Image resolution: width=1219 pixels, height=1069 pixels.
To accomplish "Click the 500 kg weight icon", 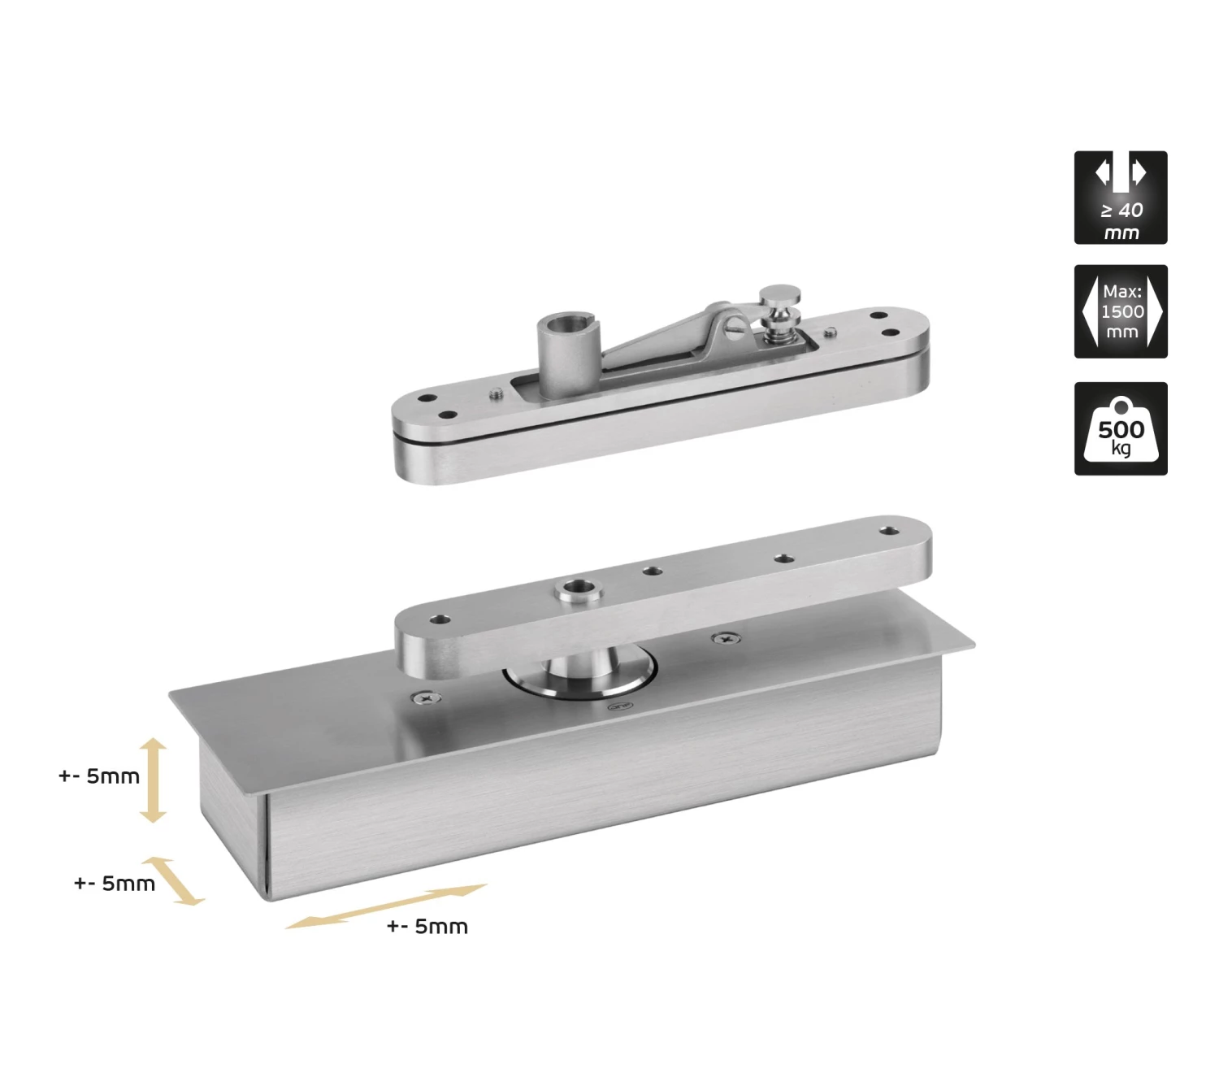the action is tap(1121, 428).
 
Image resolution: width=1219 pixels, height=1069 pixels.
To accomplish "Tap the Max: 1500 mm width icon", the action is tap(1121, 311).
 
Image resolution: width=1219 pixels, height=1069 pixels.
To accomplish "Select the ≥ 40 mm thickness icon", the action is tap(1121, 198).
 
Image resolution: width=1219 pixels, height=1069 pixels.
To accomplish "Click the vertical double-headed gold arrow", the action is tap(153, 780).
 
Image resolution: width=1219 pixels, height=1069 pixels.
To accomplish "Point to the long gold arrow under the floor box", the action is tap(386, 906).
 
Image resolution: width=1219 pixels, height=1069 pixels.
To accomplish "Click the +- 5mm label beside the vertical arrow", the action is tap(98, 776).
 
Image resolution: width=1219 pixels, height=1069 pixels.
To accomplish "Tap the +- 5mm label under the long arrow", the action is tap(427, 927).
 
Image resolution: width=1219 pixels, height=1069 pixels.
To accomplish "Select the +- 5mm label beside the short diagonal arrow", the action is tap(115, 884).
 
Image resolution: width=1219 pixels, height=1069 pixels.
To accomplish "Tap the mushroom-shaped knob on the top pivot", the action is tap(779, 313).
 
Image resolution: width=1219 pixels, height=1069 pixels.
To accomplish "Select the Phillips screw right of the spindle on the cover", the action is tap(726, 638).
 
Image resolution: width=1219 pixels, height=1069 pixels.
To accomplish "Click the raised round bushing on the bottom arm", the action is tap(579, 589).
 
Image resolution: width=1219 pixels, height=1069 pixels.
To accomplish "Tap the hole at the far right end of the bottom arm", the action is tap(889, 532).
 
